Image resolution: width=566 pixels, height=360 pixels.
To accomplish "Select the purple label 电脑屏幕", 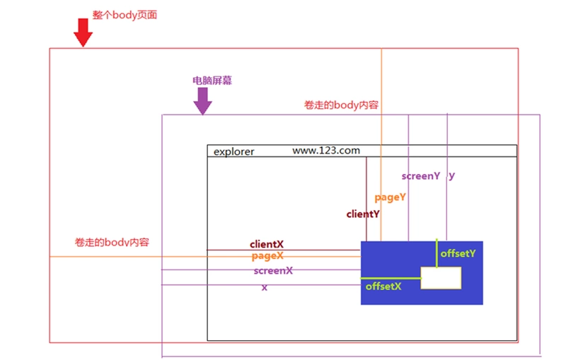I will (212, 81).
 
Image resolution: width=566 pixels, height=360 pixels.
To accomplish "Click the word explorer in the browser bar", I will (233, 151).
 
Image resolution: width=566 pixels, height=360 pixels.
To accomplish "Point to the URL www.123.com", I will (326, 150).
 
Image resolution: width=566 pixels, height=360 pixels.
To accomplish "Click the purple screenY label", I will (421, 175).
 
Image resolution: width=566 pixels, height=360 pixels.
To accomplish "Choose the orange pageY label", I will (390, 197).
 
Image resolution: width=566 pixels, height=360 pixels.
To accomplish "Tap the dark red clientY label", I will (363, 214).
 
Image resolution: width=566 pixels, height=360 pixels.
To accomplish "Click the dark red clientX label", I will (267, 244).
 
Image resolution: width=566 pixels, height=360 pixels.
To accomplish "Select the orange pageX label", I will (267, 255).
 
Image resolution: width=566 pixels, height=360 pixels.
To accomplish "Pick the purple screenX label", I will (273, 270).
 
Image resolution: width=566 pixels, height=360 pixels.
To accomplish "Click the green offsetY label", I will (458, 252).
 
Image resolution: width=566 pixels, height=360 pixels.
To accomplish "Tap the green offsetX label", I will (383, 286).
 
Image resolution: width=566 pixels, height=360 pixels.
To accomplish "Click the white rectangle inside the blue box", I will (441, 278).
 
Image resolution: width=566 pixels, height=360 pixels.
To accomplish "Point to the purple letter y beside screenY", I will (452, 175).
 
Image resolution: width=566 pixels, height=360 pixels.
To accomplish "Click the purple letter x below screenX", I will (265, 287).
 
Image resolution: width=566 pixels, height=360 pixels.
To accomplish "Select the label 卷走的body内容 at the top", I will (341, 105).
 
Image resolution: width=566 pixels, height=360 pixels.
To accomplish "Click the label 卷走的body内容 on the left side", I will (112, 242).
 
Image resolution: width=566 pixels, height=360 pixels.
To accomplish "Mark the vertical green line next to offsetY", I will (437, 253).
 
